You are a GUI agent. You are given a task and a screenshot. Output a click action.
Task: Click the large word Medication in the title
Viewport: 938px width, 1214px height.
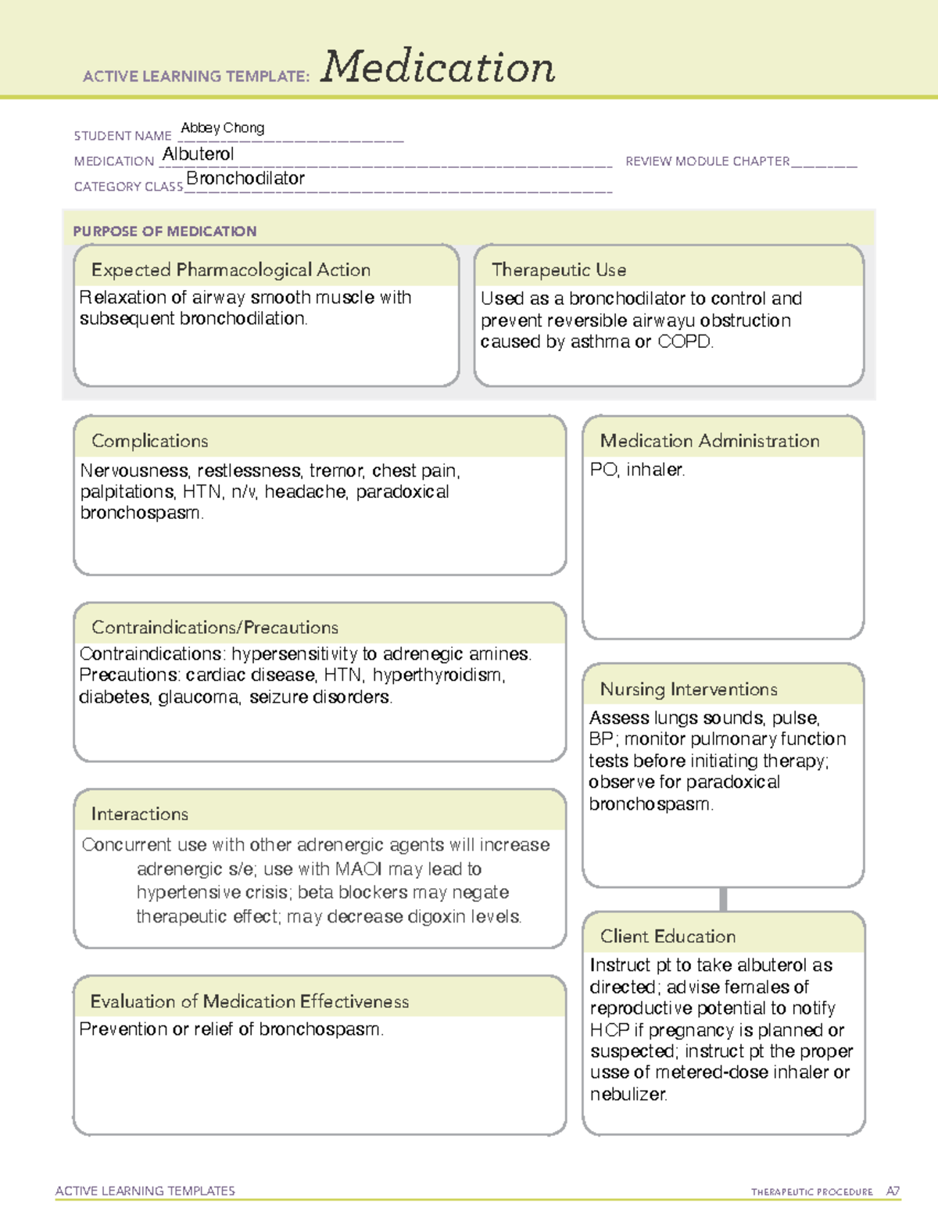pos(438,67)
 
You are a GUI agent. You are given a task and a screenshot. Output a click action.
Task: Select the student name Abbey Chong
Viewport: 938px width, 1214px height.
pos(223,128)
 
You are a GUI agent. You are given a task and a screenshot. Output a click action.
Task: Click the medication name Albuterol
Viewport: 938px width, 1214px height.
pos(198,155)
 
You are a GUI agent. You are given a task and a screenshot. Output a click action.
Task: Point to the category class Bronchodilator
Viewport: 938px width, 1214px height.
pos(245,179)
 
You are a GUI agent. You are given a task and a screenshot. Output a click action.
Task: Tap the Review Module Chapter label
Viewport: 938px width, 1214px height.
pos(707,162)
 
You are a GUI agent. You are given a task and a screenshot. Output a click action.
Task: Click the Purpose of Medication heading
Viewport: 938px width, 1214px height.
pos(165,231)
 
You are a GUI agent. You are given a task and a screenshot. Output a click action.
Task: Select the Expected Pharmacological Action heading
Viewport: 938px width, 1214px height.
pos(231,270)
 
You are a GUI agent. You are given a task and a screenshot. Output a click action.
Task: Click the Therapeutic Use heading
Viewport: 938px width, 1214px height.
pos(559,270)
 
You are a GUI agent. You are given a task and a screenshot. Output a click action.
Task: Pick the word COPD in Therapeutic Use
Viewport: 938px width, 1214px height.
pos(685,342)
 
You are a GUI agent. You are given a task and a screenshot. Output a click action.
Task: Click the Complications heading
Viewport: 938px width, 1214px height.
pos(150,441)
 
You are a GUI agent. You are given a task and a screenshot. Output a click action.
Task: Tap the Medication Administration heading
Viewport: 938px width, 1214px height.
pos(710,441)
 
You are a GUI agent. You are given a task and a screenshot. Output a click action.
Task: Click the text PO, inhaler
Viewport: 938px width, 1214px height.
pos(637,470)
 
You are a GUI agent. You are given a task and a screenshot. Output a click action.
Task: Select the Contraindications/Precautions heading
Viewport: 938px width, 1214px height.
pos(215,628)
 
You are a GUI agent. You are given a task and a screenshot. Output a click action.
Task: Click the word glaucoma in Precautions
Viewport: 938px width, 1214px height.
pos(199,697)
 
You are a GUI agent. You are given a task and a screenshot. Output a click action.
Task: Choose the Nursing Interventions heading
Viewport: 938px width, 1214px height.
pos(689,689)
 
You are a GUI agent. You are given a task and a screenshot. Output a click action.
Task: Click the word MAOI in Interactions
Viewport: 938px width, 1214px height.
pos(359,869)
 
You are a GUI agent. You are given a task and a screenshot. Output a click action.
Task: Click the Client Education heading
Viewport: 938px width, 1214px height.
pos(668,936)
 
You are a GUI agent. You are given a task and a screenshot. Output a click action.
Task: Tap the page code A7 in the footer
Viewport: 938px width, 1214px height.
pos(893,1191)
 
